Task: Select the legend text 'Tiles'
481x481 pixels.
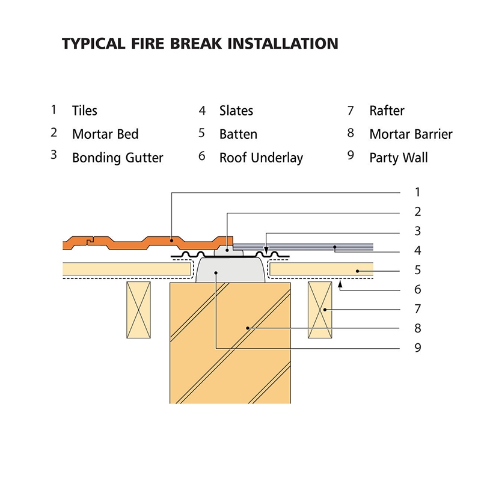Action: (84, 111)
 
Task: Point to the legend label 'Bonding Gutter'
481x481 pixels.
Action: (117, 158)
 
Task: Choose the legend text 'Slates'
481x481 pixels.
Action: (236, 111)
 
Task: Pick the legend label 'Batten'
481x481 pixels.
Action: (238, 134)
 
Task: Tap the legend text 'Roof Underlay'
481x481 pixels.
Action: (261, 158)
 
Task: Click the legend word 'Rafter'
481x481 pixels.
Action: (387, 111)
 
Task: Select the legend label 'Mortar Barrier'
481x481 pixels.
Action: (411, 134)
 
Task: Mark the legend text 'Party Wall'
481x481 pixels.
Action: (399, 158)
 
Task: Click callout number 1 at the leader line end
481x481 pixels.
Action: (417, 192)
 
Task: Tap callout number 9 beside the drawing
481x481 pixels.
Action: (417, 348)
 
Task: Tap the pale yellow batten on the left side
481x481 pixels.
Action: (126, 269)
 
